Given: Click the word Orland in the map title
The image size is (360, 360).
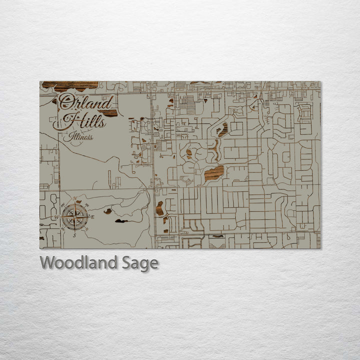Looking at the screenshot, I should coord(85,102).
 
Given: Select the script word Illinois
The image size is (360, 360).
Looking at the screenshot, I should coord(81,136).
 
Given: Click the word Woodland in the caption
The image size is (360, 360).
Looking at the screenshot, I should coord(78,262).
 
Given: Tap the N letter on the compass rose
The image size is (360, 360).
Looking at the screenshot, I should coord(75,199).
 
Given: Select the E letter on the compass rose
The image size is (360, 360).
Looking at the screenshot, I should coord(92,217).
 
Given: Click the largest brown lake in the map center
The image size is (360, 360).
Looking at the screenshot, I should coord(214,173).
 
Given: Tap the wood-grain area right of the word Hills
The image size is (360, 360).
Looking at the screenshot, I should coord(110,113).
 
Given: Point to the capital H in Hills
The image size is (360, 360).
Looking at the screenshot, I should coord(64,120).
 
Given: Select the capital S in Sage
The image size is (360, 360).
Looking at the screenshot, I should coord(127,262).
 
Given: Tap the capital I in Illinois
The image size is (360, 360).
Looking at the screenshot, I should coord(71,136).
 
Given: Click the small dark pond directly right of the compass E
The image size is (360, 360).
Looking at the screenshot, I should coord(107,211).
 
